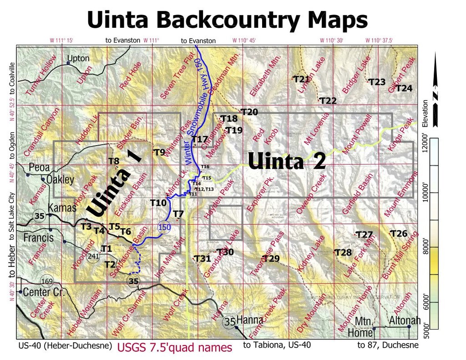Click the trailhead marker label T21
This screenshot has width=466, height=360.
click(x=302, y=79)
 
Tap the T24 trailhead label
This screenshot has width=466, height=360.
click(x=404, y=88)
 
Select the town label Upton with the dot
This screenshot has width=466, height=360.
click(x=78, y=58)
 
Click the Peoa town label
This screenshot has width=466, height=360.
click(x=39, y=167)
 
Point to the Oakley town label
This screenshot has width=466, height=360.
click(x=60, y=179)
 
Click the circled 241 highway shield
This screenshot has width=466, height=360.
click(x=93, y=256)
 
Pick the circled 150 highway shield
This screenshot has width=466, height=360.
click(x=163, y=227)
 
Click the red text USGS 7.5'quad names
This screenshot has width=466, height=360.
click(x=175, y=348)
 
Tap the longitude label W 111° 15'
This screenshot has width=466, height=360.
click(x=61, y=41)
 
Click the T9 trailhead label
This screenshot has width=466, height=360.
click(x=159, y=152)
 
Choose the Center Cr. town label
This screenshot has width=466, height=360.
click(x=44, y=292)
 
